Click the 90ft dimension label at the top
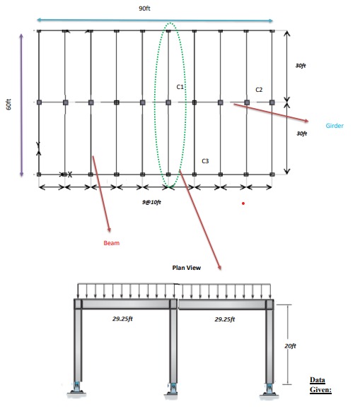[144, 8]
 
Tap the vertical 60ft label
[8, 105]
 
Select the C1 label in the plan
[180, 87]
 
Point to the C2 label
[259, 90]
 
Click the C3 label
[205, 161]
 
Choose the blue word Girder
[335, 126]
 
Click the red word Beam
[111, 243]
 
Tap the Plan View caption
[186, 268]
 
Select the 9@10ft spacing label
[151, 202]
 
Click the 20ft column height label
[290, 346]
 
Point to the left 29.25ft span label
[122, 319]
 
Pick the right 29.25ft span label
[225, 319]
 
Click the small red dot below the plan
[243, 203]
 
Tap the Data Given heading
[320, 385]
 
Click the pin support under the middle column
[173, 389]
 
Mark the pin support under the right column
[269, 389]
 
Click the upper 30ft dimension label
[301, 66]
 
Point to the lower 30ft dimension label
[301, 134]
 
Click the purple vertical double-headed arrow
[21, 105]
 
